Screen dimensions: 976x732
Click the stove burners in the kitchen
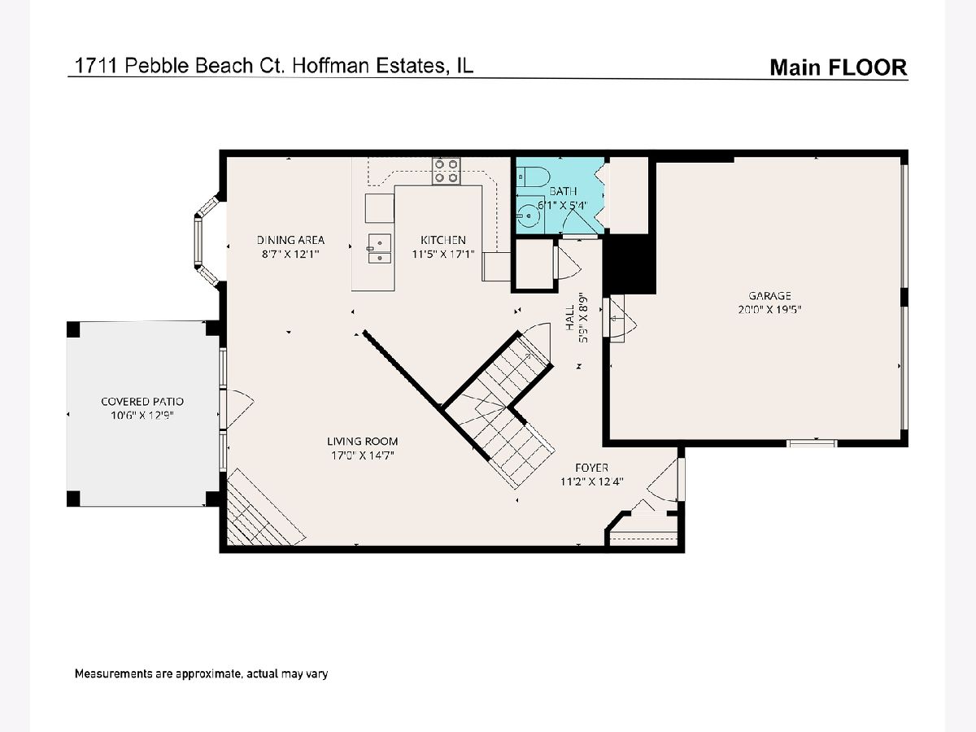point(446,171)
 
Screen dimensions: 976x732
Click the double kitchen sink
point(379,249)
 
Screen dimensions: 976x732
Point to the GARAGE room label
point(769,295)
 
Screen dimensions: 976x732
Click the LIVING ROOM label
point(363,442)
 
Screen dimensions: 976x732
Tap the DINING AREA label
point(291,240)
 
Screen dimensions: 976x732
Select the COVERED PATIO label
point(142,402)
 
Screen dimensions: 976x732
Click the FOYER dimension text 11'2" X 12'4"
point(592,481)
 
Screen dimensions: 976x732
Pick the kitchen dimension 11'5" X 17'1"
point(443,255)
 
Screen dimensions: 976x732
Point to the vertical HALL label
point(570,318)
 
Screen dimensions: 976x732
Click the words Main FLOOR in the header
point(839,68)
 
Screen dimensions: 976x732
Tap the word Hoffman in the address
point(330,66)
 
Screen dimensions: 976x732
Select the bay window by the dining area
point(206,241)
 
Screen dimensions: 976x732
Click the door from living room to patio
point(237,409)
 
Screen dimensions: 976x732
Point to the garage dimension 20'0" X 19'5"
point(769,310)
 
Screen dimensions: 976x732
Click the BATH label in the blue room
point(563,191)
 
